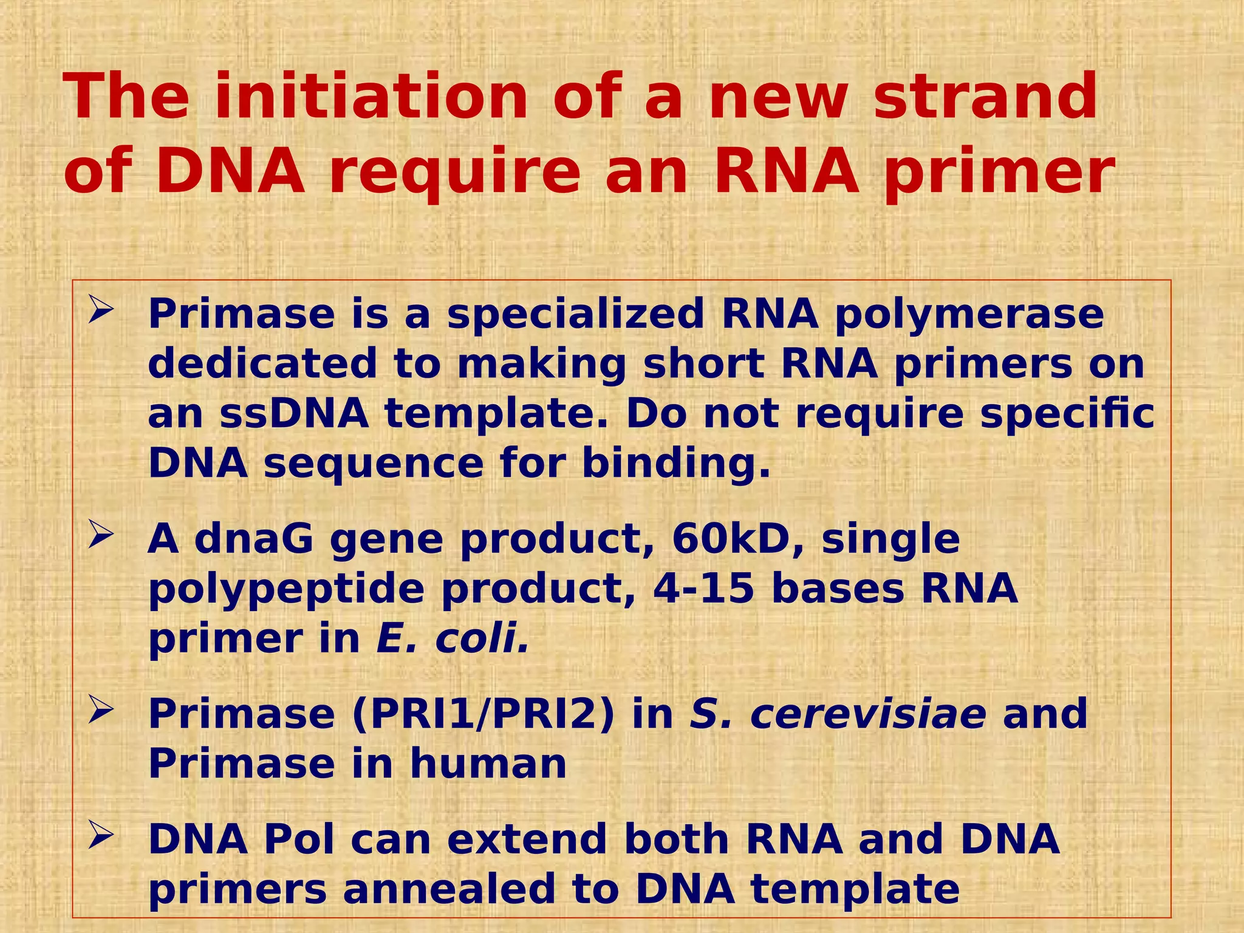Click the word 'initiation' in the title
[x=372, y=97]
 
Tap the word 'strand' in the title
[x=985, y=97]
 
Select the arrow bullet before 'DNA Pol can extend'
[x=100, y=836]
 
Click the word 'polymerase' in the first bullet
[x=969, y=315]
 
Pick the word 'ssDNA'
[x=294, y=414]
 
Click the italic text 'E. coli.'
[x=453, y=639]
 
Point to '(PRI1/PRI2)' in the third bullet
[x=484, y=714]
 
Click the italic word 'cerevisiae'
[x=868, y=714]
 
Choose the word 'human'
[x=488, y=764]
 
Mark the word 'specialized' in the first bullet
[x=575, y=315]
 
